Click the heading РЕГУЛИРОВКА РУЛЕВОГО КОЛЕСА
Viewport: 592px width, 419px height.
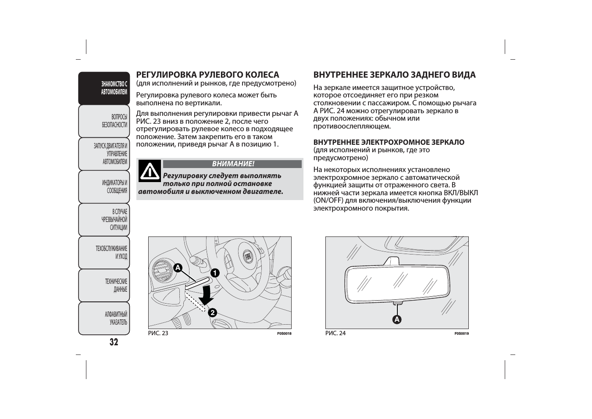click(207, 75)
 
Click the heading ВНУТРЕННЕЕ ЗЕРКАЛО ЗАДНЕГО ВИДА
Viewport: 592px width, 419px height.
click(394, 75)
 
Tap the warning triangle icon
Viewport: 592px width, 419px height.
click(150, 172)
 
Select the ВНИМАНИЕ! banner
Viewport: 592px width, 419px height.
click(232, 164)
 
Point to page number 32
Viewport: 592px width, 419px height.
click(114, 343)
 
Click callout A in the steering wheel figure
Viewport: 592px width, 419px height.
click(178, 268)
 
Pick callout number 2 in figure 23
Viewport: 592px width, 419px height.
click(212, 313)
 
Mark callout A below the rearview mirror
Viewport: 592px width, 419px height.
click(397, 319)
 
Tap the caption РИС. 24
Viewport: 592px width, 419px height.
click(335, 333)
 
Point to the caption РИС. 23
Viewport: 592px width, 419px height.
click(158, 333)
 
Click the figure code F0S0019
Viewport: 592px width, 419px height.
click(461, 334)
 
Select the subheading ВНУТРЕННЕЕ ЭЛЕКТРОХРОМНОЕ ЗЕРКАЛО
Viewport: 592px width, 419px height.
click(389, 143)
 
